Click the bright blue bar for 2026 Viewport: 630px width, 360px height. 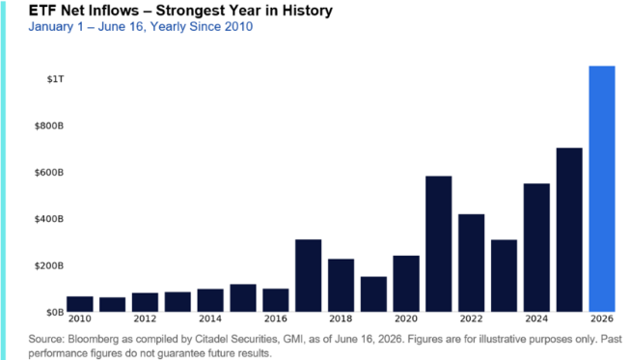(x=602, y=189)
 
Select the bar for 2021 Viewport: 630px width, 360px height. (x=439, y=244)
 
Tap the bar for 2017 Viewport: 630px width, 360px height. (x=308, y=276)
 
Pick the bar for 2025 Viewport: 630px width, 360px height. (x=569, y=230)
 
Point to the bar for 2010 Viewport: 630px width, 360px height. (x=79, y=304)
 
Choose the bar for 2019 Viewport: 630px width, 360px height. (x=373, y=294)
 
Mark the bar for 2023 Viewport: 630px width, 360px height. (x=504, y=276)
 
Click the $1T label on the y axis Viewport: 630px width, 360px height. (x=55, y=79)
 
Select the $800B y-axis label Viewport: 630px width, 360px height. (x=49, y=125)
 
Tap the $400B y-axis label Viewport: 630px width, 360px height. (x=49, y=219)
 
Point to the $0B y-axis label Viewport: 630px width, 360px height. (x=55, y=312)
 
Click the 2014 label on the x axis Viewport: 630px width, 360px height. (x=210, y=318)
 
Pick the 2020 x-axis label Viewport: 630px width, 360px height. (x=406, y=318)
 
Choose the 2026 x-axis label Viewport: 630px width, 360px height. (x=602, y=318)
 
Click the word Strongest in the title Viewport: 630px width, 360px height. (x=191, y=11)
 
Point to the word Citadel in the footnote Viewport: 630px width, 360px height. (x=209, y=339)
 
